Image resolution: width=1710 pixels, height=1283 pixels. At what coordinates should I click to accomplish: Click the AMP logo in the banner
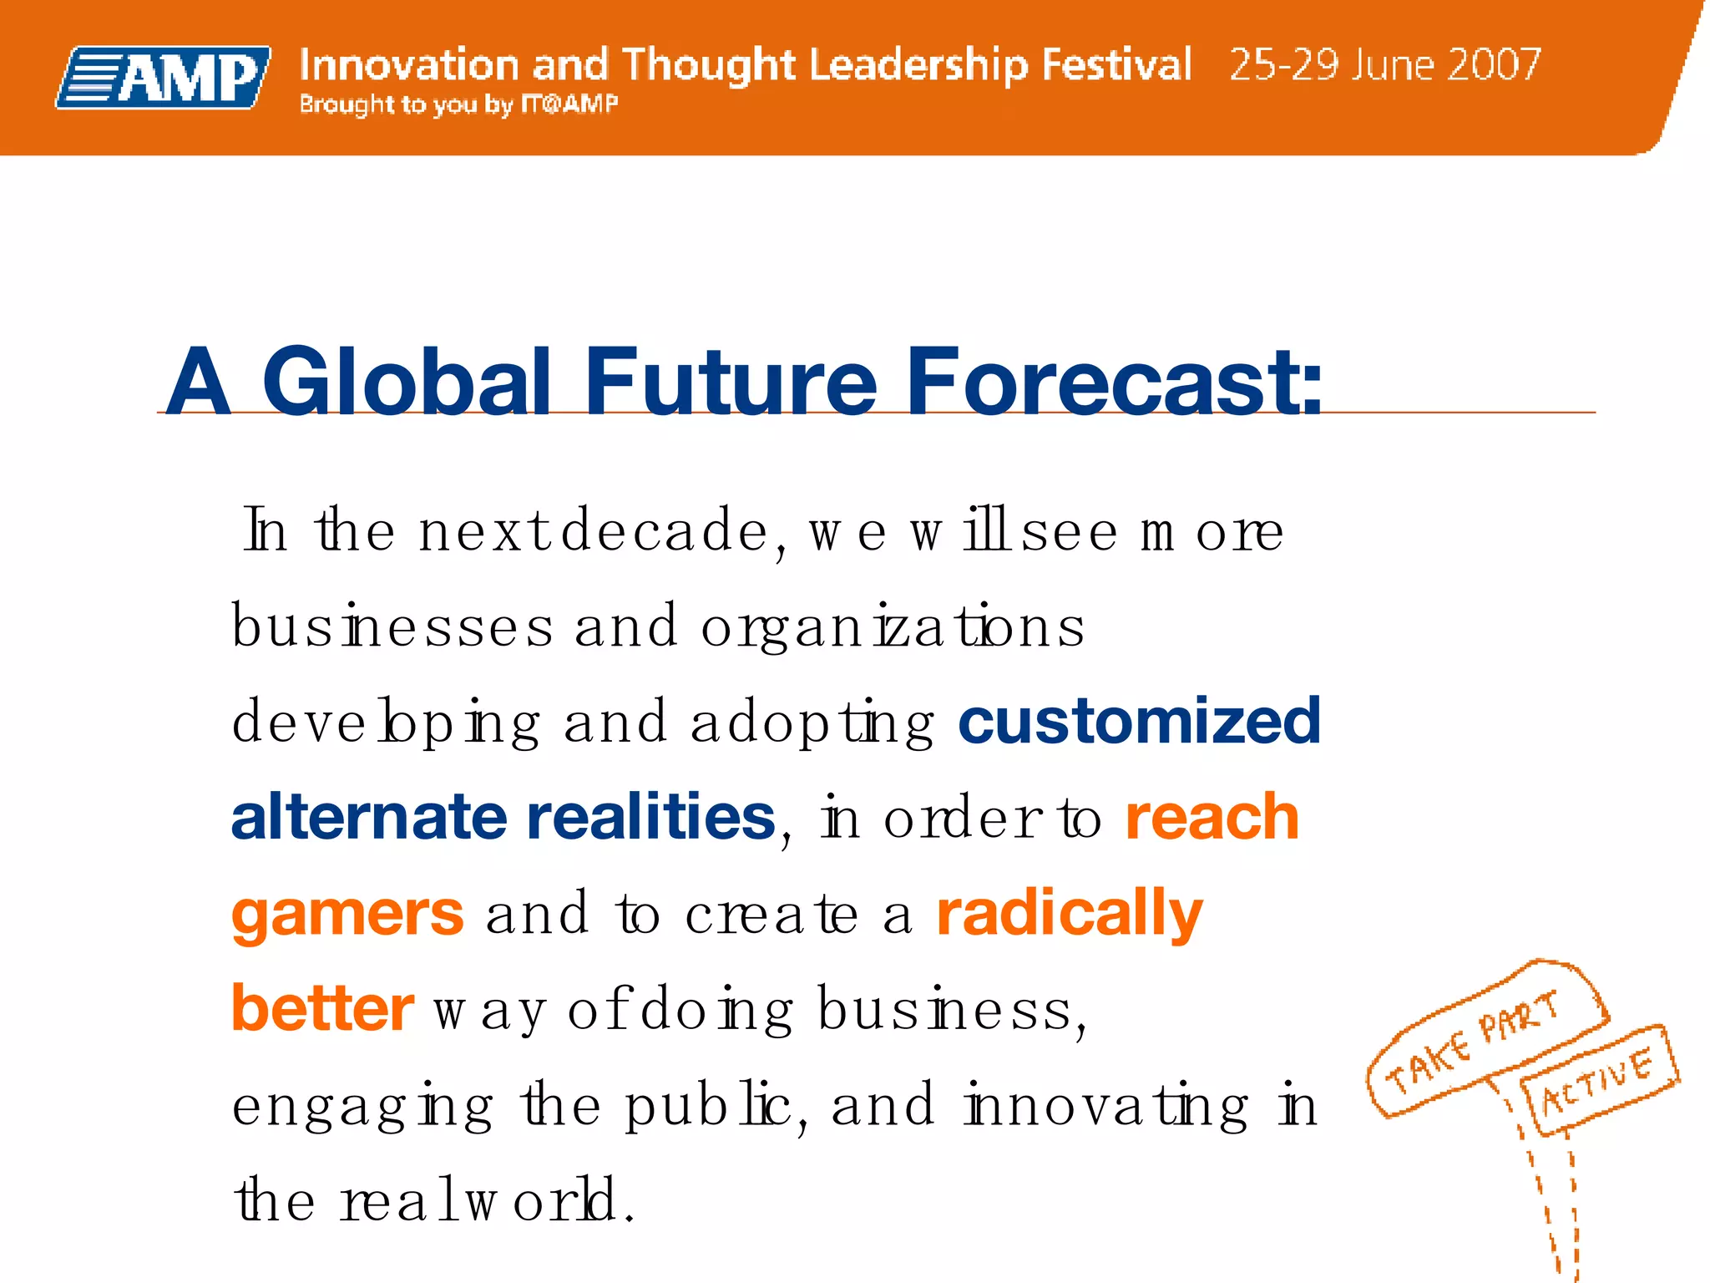point(164,78)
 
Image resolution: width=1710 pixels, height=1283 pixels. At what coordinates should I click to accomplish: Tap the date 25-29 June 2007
point(1384,64)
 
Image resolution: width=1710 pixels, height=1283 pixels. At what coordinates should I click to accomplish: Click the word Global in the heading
point(407,382)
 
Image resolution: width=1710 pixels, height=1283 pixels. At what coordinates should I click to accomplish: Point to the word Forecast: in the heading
point(1114,382)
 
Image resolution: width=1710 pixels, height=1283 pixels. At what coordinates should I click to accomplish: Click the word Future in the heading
point(730,382)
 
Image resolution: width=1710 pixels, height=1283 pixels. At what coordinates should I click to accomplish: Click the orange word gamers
point(347,915)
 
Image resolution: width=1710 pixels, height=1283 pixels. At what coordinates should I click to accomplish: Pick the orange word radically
point(1069,915)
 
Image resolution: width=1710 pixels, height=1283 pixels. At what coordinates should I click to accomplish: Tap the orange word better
point(322,1008)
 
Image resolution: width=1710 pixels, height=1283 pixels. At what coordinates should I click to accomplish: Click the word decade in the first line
point(665,530)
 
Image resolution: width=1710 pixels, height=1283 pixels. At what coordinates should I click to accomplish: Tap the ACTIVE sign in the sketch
point(1596,1079)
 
